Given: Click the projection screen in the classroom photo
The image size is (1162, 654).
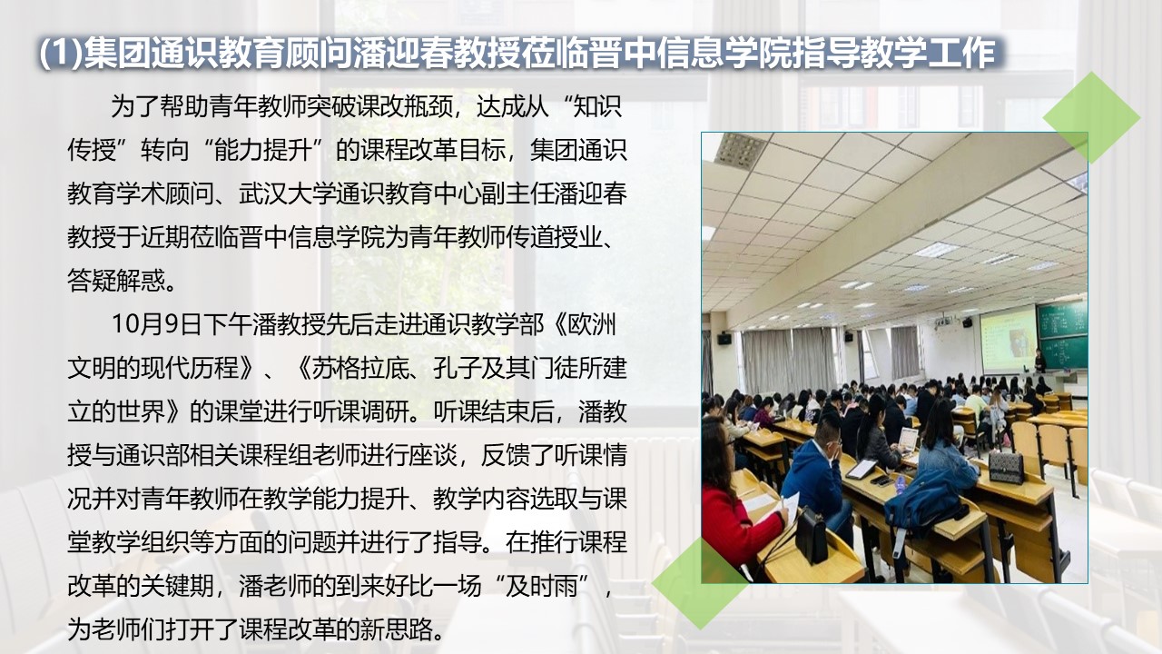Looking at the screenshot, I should tap(1009, 338).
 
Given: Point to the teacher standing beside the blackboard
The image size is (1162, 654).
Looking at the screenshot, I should tap(1040, 362).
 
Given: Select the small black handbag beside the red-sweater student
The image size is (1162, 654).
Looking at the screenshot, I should tap(811, 535).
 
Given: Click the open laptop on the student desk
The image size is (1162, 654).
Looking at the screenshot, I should tap(907, 440).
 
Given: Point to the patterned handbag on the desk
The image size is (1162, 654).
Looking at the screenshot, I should tap(1005, 466).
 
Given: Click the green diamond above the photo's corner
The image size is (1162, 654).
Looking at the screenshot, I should tap(1091, 117).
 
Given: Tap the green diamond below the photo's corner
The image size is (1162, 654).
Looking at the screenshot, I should tap(700, 581).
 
